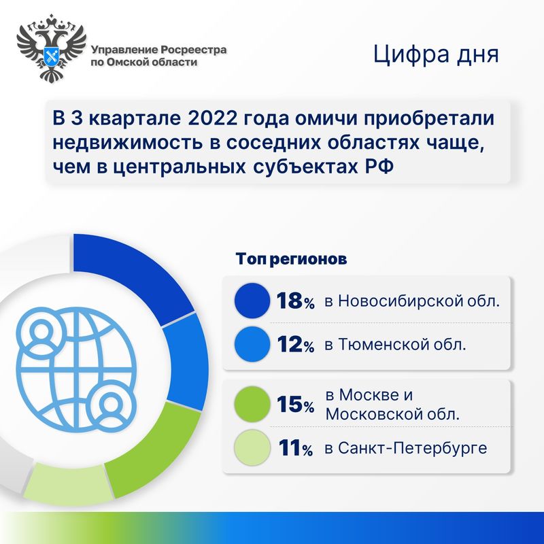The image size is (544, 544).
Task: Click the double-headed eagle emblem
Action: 52,48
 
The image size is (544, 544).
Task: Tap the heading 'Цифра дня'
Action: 436,55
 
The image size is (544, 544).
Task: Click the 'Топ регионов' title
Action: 291,259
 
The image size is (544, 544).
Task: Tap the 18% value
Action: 295,301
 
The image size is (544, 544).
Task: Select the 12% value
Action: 295,344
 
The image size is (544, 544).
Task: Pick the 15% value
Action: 295,404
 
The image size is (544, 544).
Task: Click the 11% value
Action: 295,448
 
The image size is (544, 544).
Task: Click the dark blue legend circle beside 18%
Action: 252,301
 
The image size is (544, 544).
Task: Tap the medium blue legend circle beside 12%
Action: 252,344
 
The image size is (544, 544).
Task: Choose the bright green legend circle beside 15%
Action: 252,404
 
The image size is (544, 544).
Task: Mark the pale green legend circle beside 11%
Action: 252,447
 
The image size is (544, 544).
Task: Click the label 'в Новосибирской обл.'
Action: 412,301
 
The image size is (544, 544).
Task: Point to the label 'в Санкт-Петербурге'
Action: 406,448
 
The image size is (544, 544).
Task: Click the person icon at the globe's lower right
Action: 111,405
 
